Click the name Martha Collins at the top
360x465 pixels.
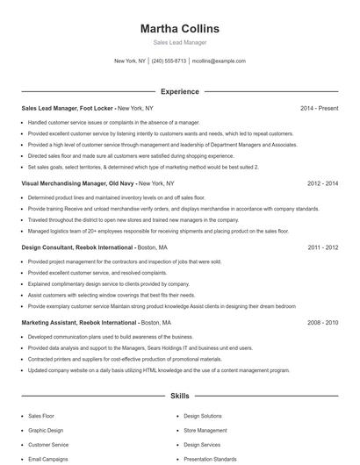[x=179, y=29]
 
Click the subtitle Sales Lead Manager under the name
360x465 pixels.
[x=179, y=43]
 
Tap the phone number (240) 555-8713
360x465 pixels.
[x=169, y=61]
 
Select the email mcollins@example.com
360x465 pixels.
[x=219, y=61]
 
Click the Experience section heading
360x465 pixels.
[x=179, y=91]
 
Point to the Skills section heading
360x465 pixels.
[x=179, y=397]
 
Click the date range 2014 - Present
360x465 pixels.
[x=319, y=109]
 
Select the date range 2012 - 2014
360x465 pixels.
[x=322, y=184]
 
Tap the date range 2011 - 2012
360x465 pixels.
[x=322, y=248]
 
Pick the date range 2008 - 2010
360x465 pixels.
[x=322, y=323]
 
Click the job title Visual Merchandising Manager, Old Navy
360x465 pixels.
[x=78, y=184]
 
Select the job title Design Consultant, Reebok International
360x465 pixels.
[x=77, y=248]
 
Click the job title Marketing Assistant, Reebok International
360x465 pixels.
[x=79, y=323]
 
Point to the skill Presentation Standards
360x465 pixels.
[x=210, y=459]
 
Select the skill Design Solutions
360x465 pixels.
[x=203, y=416]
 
